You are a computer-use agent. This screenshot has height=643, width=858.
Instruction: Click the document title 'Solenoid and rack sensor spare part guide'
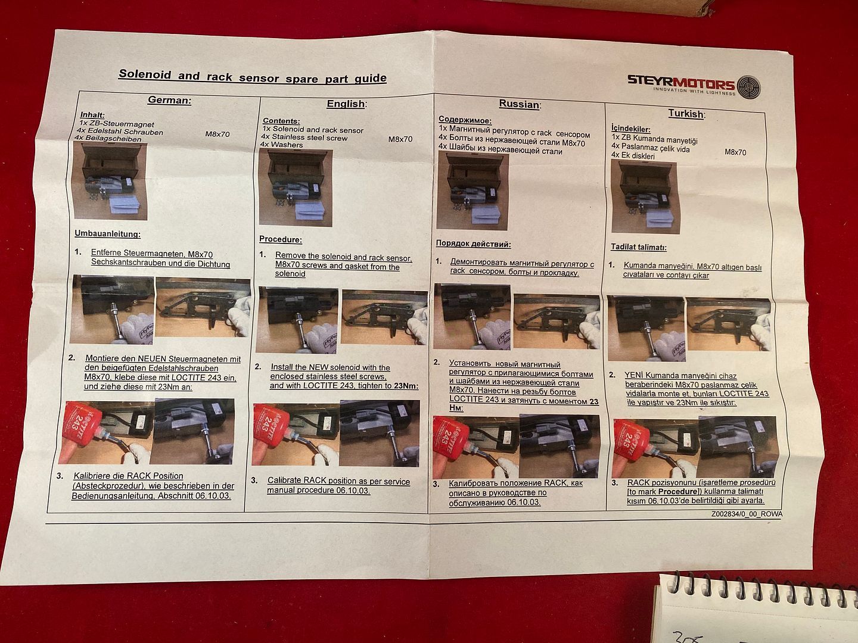tap(253, 76)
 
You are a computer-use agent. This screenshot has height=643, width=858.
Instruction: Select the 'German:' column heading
tap(169, 100)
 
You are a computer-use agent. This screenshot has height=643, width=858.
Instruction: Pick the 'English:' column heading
tap(347, 104)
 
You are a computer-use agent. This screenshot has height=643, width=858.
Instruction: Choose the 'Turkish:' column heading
tap(686, 114)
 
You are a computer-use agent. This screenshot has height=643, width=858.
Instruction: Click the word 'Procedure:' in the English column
tap(280, 239)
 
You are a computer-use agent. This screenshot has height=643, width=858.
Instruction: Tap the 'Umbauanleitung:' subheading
tap(107, 234)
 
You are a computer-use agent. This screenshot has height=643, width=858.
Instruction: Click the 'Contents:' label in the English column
tap(281, 121)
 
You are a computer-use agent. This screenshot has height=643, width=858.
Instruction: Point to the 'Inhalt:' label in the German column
tap(92, 115)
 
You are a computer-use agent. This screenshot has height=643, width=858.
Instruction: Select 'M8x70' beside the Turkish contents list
tap(735, 152)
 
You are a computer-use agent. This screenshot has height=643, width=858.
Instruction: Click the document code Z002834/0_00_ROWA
tap(747, 514)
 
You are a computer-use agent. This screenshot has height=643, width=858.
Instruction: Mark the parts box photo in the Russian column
tap(472, 190)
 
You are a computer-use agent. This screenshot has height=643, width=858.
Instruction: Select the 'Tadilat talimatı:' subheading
tap(639, 247)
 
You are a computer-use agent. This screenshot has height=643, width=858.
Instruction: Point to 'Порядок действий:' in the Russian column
tap(473, 244)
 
